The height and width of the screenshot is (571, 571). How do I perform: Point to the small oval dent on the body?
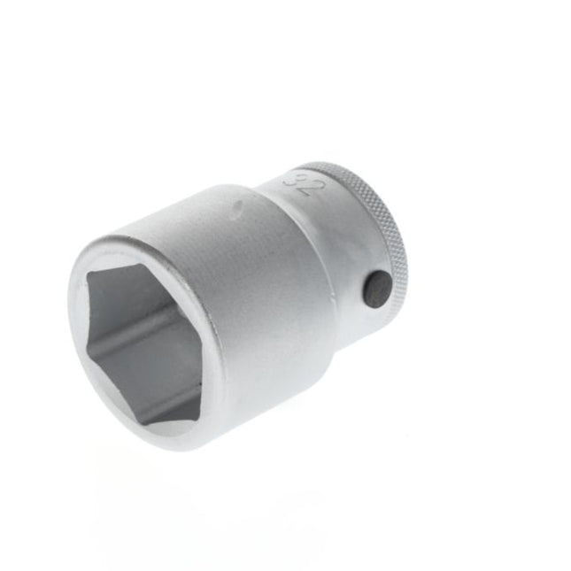(236, 210)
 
